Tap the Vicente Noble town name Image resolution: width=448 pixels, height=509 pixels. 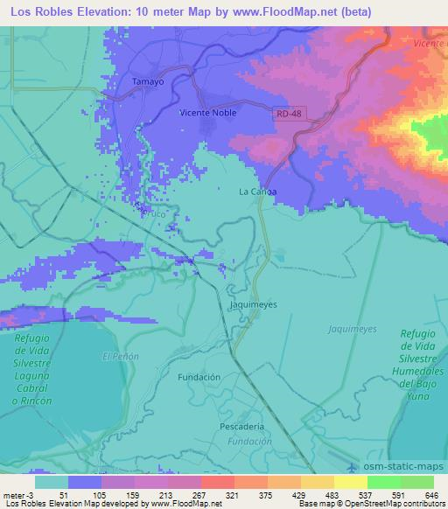coord(207,112)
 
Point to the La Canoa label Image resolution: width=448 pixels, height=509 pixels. coord(258,192)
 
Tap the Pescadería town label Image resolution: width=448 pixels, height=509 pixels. coord(242,426)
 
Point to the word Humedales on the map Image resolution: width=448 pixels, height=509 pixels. coord(422,371)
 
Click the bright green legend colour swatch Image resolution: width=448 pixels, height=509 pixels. coord(384,482)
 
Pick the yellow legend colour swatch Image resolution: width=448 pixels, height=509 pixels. coord(351,482)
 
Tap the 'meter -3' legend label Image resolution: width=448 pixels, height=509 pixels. coord(17,494)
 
